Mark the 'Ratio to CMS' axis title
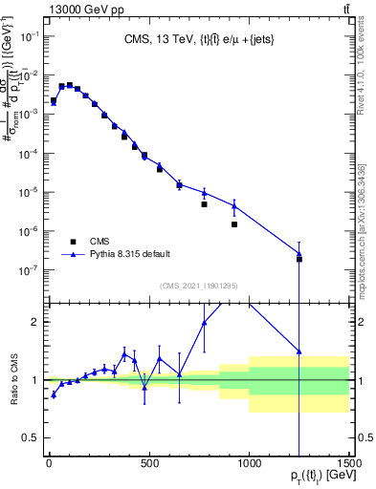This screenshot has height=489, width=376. click(13, 380)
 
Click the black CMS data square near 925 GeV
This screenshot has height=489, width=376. click(234, 224)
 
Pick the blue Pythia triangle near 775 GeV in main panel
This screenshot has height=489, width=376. click(204, 193)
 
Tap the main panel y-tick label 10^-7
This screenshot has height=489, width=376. click(33, 271)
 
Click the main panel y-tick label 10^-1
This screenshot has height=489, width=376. click(33, 35)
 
